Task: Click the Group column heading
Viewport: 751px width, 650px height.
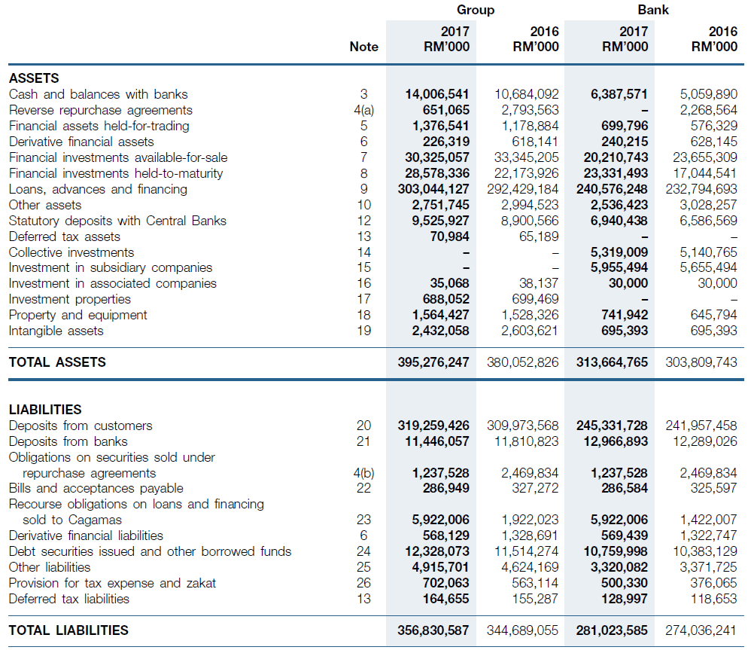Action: tap(475, 10)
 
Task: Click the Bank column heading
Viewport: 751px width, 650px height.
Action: tap(653, 10)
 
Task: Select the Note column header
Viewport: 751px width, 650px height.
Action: tap(364, 47)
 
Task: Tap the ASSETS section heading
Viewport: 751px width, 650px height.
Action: tap(34, 78)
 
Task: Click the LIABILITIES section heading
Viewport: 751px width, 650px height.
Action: tap(45, 410)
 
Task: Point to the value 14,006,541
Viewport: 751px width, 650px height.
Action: tap(436, 94)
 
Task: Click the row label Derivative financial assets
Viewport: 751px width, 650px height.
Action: tap(81, 142)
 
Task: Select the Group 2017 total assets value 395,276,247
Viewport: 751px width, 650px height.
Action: tap(433, 362)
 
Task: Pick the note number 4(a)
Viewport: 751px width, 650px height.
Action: tap(364, 110)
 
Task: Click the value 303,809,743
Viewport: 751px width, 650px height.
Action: tap(701, 362)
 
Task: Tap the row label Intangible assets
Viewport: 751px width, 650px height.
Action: tap(56, 331)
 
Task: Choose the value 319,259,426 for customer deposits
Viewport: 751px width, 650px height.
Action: tap(433, 426)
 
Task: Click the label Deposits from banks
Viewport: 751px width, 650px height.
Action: tap(68, 441)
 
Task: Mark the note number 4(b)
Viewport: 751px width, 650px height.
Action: tap(364, 473)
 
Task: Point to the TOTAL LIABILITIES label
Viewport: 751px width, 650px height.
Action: tap(68, 630)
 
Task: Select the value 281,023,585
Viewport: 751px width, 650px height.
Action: tap(612, 630)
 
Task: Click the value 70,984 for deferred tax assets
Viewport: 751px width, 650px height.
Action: tap(449, 237)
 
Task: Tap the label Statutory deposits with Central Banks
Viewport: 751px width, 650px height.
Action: tap(117, 221)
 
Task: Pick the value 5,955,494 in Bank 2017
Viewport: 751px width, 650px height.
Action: tap(619, 267)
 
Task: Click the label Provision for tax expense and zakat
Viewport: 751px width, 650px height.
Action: tap(113, 584)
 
